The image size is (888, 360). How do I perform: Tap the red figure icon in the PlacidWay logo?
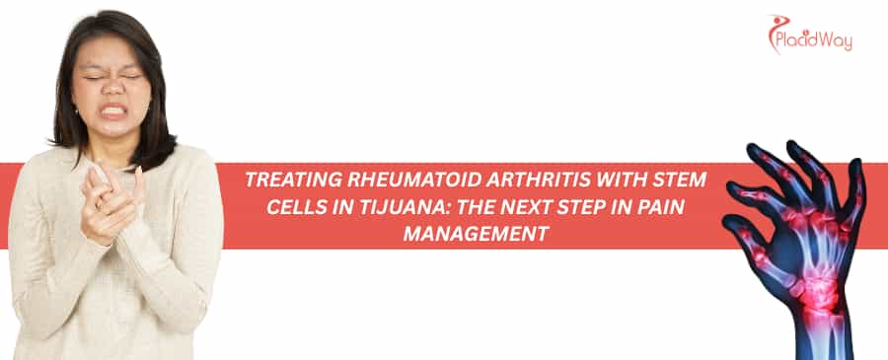777,31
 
